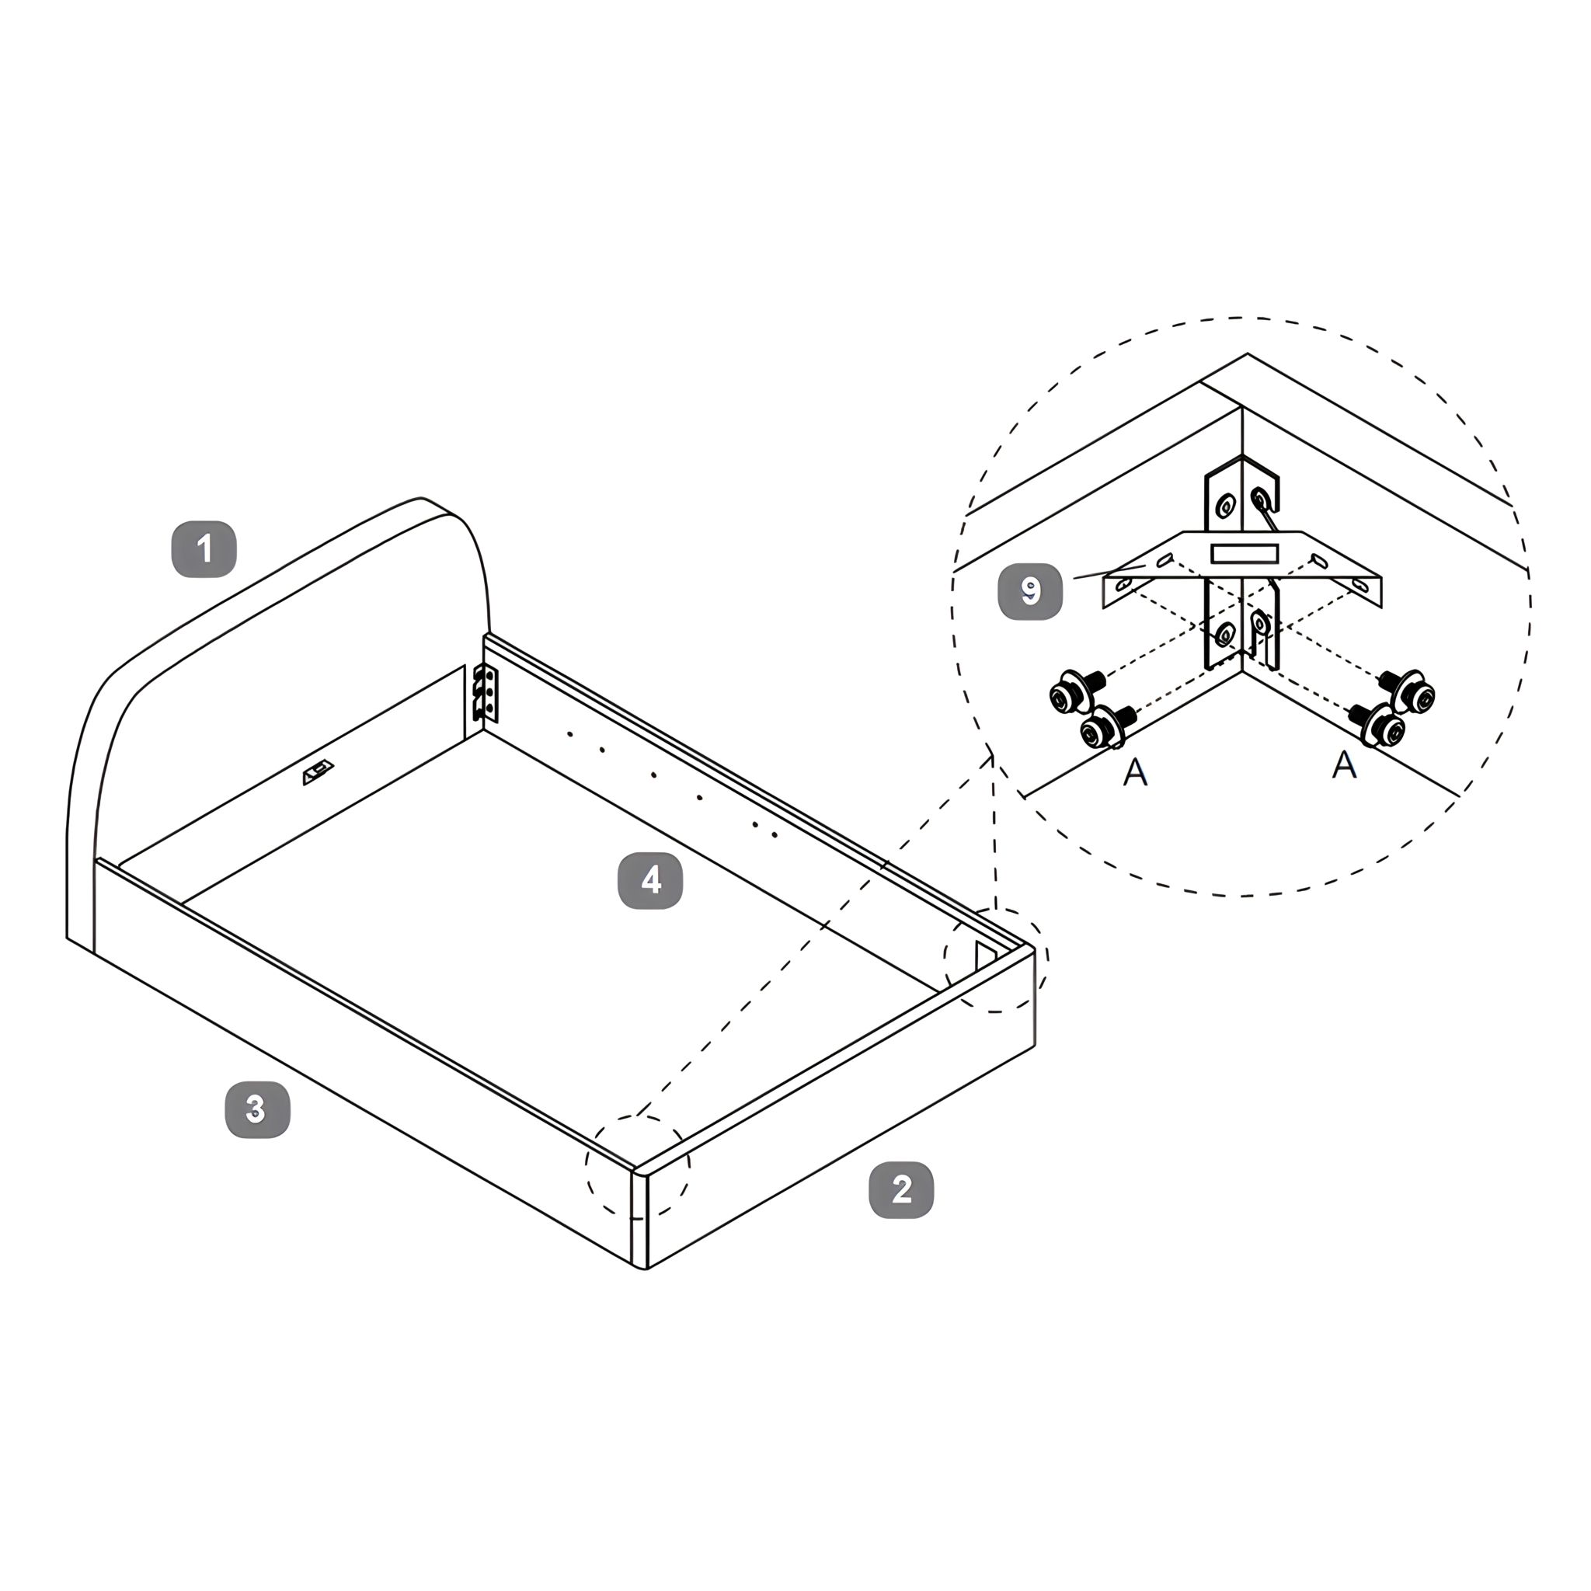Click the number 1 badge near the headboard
[x=204, y=549]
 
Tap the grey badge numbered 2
[x=902, y=1189]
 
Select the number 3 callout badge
[x=258, y=1109]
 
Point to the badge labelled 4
[x=650, y=880]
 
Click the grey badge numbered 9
[x=1030, y=591]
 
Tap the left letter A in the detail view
[x=1136, y=771]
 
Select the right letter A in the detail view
[x=1344, y=764]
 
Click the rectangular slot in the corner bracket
[x=1244, y=552]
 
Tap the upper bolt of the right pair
[x=1408, y=690]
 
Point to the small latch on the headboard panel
[x=318, y=772]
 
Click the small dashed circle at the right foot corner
[x=997, y=959]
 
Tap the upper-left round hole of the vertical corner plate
[x=1226, y=506]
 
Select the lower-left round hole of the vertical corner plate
[x=1225, y=634]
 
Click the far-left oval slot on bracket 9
[x=1123, y=584]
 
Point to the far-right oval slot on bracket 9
[x=1359, y=585]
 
